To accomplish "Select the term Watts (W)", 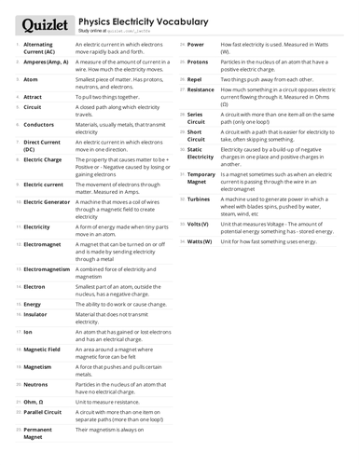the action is [x=201, y=241].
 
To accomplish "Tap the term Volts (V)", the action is [x=198, y=225].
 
